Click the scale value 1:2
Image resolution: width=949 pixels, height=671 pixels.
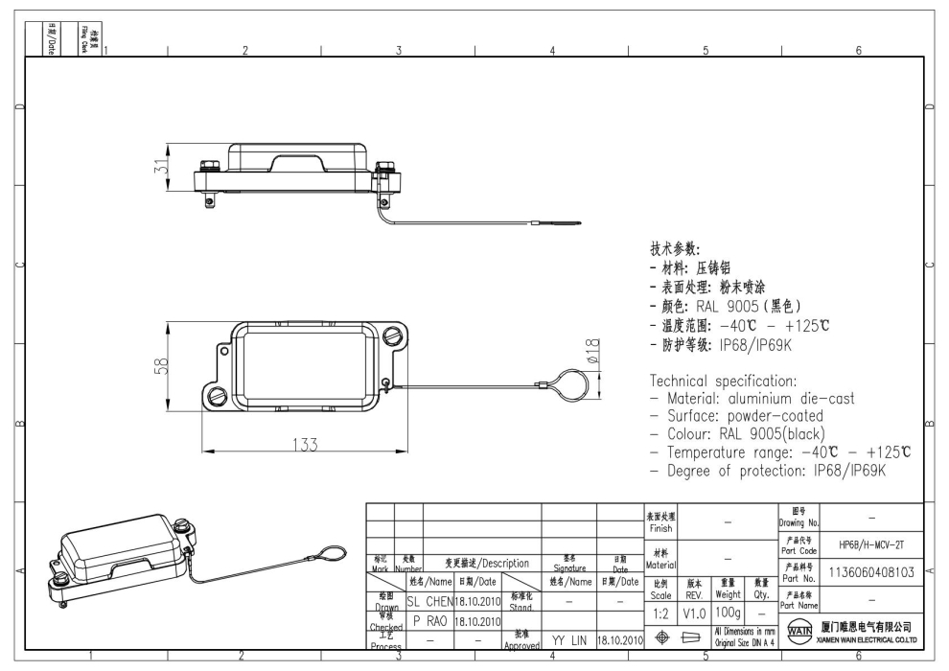click(x=660, y=611)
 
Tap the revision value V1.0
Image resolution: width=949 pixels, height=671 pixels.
click(x=695, y=611)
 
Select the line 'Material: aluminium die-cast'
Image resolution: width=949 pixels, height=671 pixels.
click(x=752, y=398)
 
